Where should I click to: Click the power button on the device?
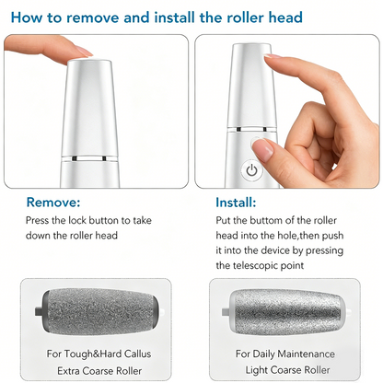[x=252, y=169]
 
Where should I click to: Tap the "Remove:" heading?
[x=53, y=203]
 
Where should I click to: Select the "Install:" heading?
[x=236, y=203]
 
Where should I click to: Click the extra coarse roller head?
[x=98, y=311]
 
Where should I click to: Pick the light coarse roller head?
[x=286, y=312]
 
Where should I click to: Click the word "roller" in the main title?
[x=245, y=17]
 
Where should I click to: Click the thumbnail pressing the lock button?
[x=262, y=147]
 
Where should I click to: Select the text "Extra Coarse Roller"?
[x=99, y=371]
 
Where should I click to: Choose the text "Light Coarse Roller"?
[x=287, y=370]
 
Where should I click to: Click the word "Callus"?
[x=137, y=354]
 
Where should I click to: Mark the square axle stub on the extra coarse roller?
[x=38, y=311]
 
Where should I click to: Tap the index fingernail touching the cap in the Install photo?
[x=273, y=56]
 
